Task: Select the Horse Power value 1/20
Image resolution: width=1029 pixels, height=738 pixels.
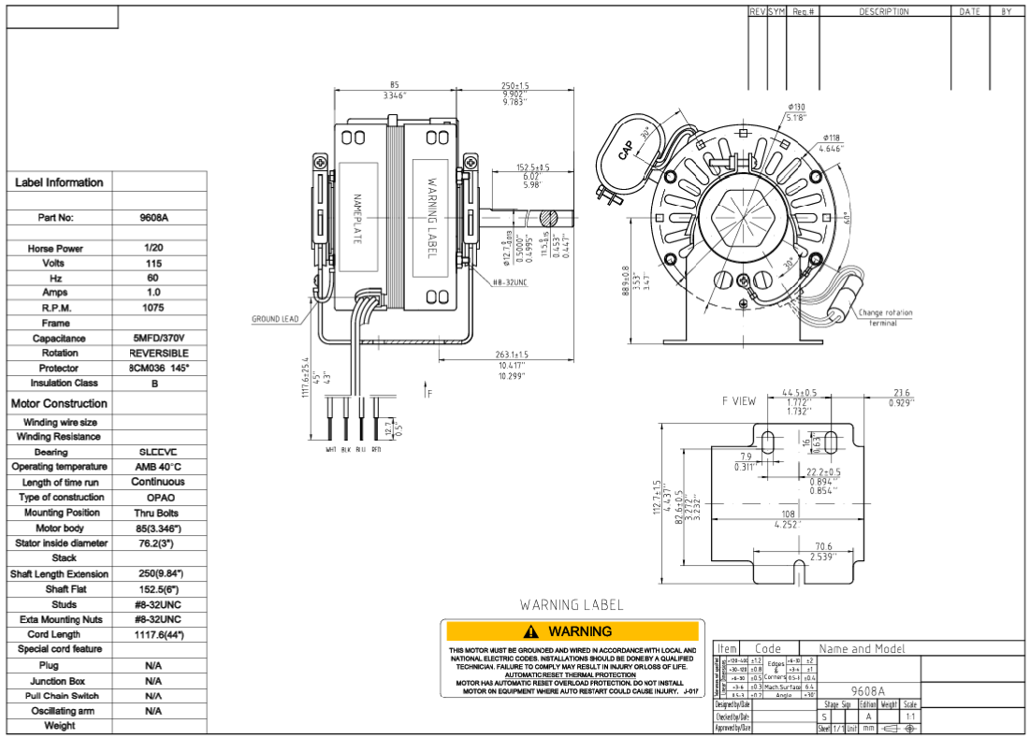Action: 153,248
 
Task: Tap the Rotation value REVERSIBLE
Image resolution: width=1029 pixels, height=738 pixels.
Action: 159,354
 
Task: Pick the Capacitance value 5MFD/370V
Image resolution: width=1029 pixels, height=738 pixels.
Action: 159,339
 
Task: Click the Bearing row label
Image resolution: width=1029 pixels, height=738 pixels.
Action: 58,452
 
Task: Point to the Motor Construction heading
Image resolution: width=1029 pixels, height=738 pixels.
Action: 59,404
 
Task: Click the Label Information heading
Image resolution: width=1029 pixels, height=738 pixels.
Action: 59,182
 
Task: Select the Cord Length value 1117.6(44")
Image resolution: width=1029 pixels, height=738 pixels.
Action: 159,634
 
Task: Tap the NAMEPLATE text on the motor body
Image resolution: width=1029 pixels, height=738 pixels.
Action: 356,219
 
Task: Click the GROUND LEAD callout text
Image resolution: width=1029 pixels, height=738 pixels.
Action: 275,319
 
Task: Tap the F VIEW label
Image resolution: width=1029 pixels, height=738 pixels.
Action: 739,401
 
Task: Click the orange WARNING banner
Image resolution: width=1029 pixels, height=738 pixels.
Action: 572,631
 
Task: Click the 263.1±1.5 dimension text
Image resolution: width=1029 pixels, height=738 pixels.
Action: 512,355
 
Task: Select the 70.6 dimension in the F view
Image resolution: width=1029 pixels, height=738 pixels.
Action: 823,546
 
